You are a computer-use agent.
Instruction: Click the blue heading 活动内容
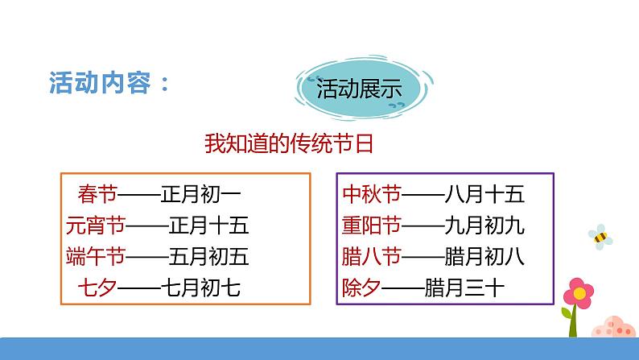(100, 83)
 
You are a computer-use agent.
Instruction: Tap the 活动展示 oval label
(364, 88)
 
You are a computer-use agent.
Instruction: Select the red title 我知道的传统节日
(289, 143)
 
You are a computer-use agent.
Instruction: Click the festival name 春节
(97, 193)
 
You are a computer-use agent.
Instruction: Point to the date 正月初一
(201, 194)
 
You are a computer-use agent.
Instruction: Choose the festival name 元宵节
(95, 225)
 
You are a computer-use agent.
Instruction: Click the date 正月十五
(208, 226)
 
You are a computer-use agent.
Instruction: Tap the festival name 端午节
(95, 256)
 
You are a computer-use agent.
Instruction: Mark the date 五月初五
(208, 257)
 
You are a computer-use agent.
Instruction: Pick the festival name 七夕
(97, 288)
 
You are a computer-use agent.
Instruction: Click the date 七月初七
(200, 288)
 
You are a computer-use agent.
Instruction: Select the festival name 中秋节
(372, 193)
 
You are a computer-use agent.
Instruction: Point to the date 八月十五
(484, 194)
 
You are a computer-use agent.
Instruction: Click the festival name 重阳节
(372, 225)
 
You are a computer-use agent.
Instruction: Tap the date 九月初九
(484, 226)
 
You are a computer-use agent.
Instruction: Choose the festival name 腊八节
(372, 256)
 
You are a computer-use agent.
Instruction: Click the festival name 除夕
(361, 288)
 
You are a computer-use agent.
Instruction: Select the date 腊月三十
(464, 288)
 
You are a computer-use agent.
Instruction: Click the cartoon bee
(600, 237)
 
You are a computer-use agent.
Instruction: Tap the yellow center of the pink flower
(579, 292)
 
